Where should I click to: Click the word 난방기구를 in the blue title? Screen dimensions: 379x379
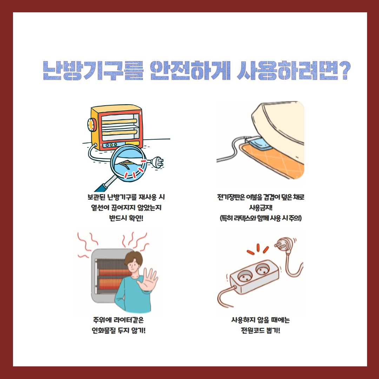pyautogui.click(x=93, y=70)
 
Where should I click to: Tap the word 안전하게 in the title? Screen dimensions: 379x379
pyautogui.click(x=190, y=70)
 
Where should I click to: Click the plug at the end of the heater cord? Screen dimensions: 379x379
pyautogui.click(x=157, y=162)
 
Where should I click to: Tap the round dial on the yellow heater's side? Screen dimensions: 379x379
pyautogui.click(x=91, y=125)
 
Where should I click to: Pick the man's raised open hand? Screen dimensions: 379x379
pyautogui.click(x=147, y=281)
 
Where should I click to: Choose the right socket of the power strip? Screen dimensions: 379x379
pyautogui.click(x=263, y=269)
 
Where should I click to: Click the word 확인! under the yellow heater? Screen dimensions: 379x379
pyautogui.click(x=136, y=218)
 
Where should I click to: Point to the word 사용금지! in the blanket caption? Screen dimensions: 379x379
pyautogui.click(x=261, y=207)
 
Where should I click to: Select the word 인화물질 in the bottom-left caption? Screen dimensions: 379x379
pyautogui.click(x=104, y=330)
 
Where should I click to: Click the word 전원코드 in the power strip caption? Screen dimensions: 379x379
pyautogui.click(x=253, y=330)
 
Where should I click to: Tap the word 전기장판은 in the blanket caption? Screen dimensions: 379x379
pyautogui.click(x=231, y=197)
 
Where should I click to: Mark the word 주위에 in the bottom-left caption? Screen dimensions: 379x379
pyautogui.click(x=102, y=320)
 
